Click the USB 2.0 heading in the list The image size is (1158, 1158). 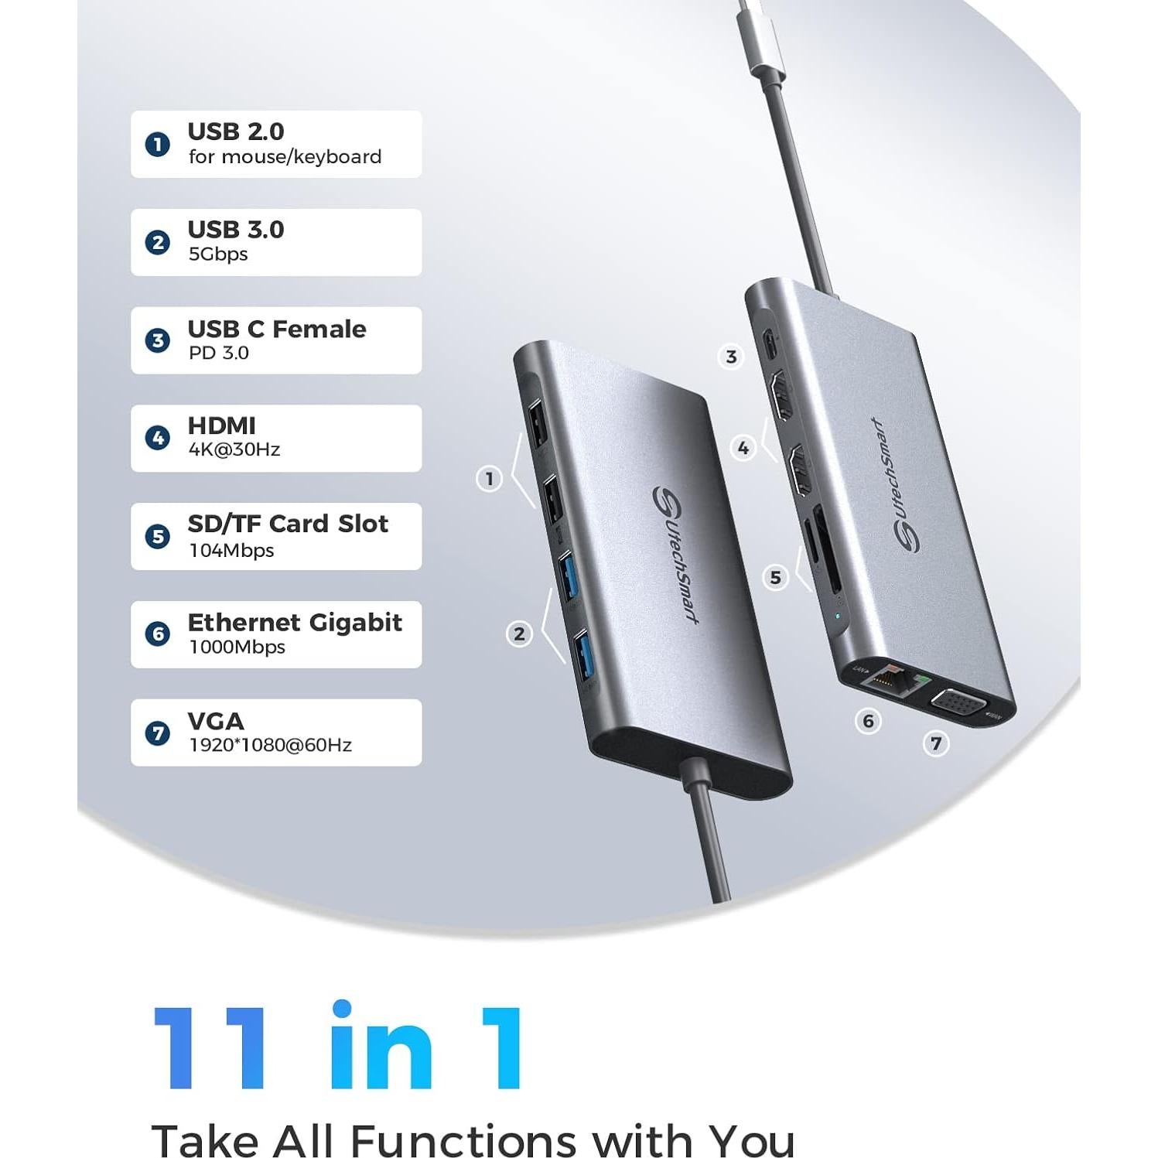(236, 132)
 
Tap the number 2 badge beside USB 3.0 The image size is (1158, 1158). (158, 242)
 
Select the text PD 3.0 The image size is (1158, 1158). (219, 353)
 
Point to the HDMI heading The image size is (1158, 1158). (221, 425)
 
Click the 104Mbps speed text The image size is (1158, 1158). (231, 550)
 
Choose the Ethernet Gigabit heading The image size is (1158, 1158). (295, 622)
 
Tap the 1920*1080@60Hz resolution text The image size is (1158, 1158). (270, 745)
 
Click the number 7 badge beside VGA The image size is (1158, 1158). (158, 733)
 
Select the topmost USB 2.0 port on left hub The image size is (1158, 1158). (535, 425)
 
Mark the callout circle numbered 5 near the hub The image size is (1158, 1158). (775, 577)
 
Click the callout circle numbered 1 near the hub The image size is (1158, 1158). (489, 479)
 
